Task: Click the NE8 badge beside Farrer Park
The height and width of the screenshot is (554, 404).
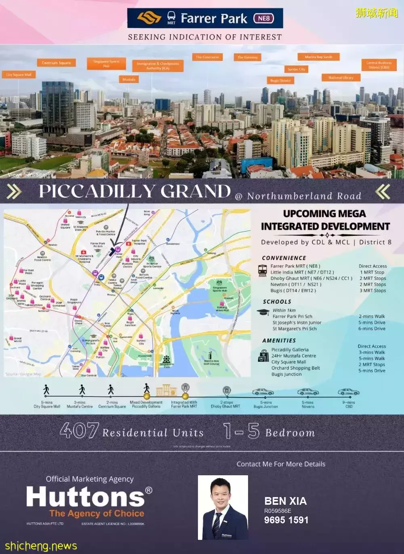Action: (263, 19)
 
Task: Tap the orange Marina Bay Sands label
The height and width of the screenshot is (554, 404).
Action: (319, 57)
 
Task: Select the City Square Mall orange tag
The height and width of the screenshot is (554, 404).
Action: (19, 75)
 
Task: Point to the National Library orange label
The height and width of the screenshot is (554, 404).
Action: (341, 78)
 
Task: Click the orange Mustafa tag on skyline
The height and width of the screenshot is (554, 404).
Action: (129, 80)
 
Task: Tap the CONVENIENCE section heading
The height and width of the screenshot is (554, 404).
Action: (284, 258)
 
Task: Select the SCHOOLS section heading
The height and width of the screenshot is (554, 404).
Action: (277, 302)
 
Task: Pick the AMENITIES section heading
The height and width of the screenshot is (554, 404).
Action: (279, 341)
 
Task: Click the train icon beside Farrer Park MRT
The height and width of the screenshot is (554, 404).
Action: (263, 269)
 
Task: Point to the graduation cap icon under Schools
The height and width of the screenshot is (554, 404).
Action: (263, 313)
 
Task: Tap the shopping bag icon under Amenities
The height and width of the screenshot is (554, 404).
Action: (263, 356)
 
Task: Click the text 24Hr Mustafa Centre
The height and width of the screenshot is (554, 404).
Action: (294, 356)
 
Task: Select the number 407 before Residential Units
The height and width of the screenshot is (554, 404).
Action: (79, 431)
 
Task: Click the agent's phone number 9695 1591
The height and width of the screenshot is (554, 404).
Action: (286, 520)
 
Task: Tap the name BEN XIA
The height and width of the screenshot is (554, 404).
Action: (285, 501)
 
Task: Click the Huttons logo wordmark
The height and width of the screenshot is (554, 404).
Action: (86, 497)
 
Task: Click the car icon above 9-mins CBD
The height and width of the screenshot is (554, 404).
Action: (348, 392)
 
